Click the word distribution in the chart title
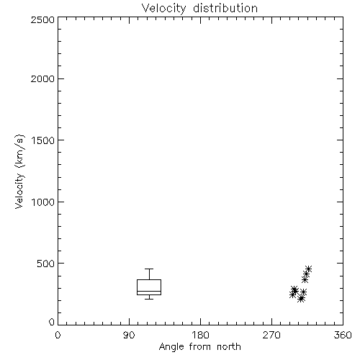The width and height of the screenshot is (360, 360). (225, 8)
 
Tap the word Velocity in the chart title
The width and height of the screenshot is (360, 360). (163, 9)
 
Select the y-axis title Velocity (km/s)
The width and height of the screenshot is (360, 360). (19, 171)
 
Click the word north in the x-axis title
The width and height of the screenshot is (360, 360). (229, 346)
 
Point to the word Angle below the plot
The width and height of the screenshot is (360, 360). (171, 347)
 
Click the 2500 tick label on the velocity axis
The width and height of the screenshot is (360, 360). (42, 19)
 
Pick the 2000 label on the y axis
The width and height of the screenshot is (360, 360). (42, 78)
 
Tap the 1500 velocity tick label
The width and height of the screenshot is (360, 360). (43, 140)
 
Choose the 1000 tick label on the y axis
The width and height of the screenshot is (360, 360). (43, 202)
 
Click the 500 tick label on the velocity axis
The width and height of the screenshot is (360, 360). (46, 264)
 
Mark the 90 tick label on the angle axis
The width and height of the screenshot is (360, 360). (129, 335)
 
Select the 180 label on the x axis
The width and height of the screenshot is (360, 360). (200, 335)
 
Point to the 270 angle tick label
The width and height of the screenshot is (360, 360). (271, 335)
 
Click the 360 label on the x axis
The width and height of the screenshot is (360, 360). (343, 335)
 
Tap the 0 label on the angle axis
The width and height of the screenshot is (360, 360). (58, 335)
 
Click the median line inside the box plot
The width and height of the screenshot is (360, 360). (149, 292)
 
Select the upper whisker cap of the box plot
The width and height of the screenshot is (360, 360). (149, 269)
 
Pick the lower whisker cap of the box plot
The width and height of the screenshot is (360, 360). (149, 299)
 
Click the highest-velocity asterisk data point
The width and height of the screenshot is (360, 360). (308, 269)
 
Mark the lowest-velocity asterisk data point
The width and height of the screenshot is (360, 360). (301, 299)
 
